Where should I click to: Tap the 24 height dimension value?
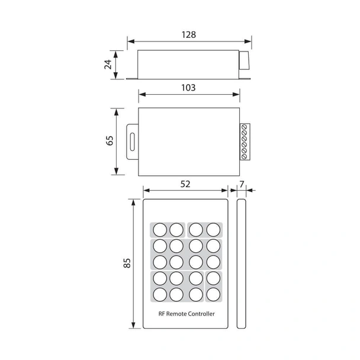pyautogui.click(x=108, y=64)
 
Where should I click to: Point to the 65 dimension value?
pyautogui.click(x=109, y=141)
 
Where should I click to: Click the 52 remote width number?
pyautogui.click(x=185, y=184)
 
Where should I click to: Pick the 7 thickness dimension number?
pyautogui.click(x=240, y=184)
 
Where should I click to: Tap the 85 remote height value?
pyautogui.click(x=126, y=263)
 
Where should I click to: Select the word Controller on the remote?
pyautogui.click(x=202, y=314)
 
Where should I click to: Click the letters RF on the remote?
pyautogui.click(x=162, y=314)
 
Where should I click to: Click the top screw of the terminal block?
pyautogui.click(x=245, y=128)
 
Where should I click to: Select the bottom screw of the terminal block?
pyautogui.click(x=245, y=156)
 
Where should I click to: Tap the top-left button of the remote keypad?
pyautogui.click(x=160, y=229)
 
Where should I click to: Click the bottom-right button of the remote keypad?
pyautogui.click(x=213, y=293)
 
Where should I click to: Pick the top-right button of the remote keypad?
pyautogui.click(x=213, y=229)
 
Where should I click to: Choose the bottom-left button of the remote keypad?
pyautogui.click(x=160, y=293)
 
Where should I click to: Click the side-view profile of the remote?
pyautogui.click(x=241, y=263)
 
